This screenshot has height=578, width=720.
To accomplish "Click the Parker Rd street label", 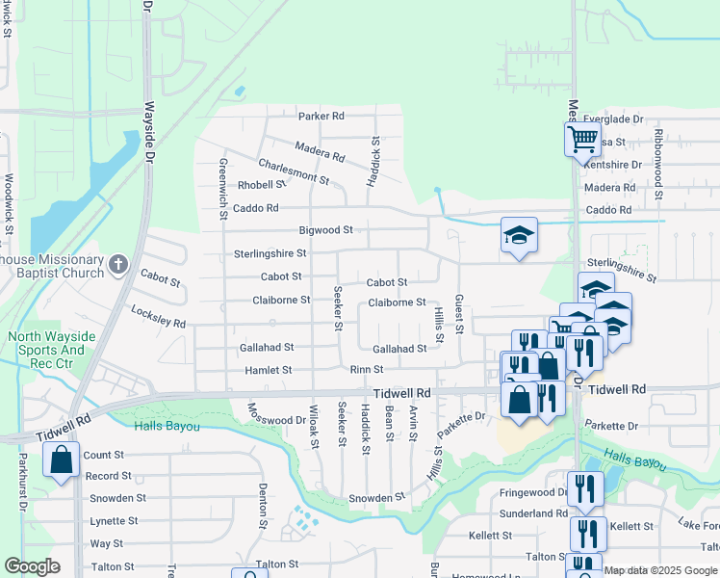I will [321, 117].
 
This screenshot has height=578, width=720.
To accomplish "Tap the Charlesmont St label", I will [294, 171].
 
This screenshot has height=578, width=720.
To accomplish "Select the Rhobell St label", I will [262, 185].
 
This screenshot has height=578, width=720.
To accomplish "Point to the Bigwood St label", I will [326, 230].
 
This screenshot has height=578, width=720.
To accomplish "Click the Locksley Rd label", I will [158, 319].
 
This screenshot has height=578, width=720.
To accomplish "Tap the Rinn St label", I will [367, 370].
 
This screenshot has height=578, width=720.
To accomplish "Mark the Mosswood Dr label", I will [275, 420].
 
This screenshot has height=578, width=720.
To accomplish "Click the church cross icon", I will [117, 263].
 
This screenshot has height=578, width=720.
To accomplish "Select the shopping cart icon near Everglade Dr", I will [581, 139].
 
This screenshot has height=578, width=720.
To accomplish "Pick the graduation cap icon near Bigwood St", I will [519, 235].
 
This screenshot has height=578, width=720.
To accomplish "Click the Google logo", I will [32, 566].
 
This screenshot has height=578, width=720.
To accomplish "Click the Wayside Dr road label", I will [149, 120].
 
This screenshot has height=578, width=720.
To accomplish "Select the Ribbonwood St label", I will [658, 164].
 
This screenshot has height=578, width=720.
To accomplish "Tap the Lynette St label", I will [114, 521].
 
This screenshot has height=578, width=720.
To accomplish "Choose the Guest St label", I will [459, 315].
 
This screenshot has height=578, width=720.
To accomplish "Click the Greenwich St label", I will [222, 188].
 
